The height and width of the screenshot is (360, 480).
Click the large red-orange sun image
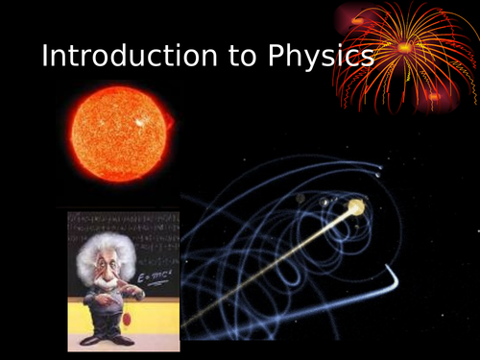[x=119, y=131]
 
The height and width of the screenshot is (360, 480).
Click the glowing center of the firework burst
[x=404, y=47]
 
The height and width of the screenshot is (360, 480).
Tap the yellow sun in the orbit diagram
[x=356, y=206]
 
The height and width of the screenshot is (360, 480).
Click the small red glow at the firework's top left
[x=356, y=20]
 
